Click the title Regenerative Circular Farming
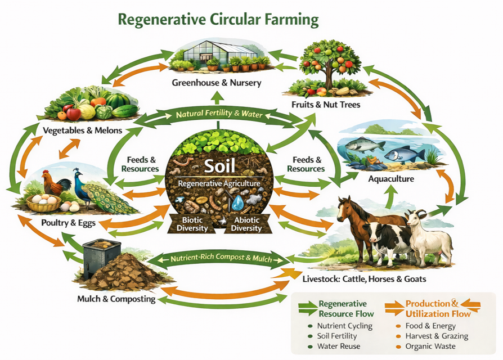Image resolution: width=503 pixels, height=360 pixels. pos(218,20)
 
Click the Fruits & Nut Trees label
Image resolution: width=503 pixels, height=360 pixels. pos(326,104)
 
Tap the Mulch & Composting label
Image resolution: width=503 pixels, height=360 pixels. pos(116,299)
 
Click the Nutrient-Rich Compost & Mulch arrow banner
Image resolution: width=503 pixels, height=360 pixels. pos(221,259)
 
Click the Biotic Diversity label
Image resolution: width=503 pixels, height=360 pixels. pos(193,223)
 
